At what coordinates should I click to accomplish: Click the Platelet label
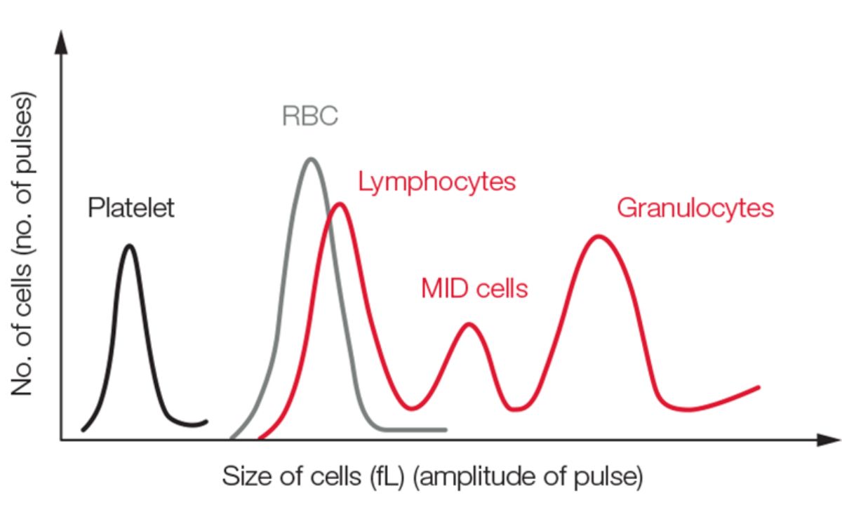point(131,208)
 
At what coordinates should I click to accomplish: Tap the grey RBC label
point(310,116)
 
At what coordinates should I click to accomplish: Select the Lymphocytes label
point(436,182)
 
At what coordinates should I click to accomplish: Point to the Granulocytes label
point(695,208)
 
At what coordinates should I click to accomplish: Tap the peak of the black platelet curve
point(129,245)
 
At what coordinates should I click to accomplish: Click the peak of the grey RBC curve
point(310,159)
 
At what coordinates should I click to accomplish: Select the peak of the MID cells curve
point(469,324)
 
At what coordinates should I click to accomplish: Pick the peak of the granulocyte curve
point(598,236)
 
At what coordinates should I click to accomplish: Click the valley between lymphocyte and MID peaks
point(413,407)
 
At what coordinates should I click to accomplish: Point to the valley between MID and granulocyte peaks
point(517,409)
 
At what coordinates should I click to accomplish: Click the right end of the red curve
point(759,386)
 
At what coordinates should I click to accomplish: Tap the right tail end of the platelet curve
point(206,422)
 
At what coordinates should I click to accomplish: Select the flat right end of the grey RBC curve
point(445,429)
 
